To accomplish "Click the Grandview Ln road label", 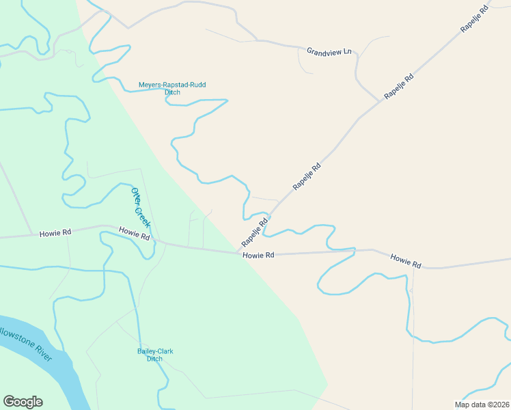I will [x=329, y=51].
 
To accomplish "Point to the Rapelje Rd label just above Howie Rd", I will [x=254, y=233].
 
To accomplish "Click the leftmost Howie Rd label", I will [x=55, y=232].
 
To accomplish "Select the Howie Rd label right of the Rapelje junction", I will [x=259, y=255].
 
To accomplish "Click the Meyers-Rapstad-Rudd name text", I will [x=172, y=85].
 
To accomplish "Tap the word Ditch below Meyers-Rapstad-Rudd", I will [x=172, y=92].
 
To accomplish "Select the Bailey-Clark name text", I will [x=155, y=351].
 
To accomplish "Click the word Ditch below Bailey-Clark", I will [x=155, y=359].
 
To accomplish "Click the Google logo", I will [x=23, y=402].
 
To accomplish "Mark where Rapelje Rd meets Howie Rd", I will [x=239, y=252].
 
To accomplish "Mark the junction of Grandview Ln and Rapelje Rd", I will [x=380, y=102].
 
